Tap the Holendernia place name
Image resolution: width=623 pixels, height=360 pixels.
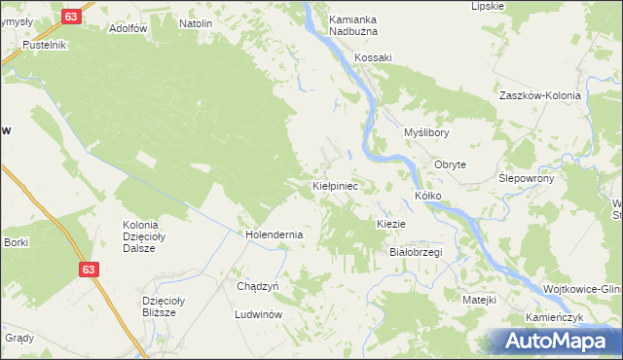click(275, 234)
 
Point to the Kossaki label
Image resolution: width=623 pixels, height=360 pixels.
click(373, 57)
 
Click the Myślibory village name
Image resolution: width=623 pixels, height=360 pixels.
click(426, 132)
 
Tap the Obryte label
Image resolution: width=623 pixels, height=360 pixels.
click(451, 164)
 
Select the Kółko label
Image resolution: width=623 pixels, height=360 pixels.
click(428, 196)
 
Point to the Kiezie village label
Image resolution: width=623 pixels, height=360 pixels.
click(390, 224)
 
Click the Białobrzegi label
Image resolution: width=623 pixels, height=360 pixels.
click(416, 252)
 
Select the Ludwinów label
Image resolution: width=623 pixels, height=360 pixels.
click(258, 315)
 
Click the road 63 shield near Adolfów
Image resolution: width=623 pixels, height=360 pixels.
click(70, 17)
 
